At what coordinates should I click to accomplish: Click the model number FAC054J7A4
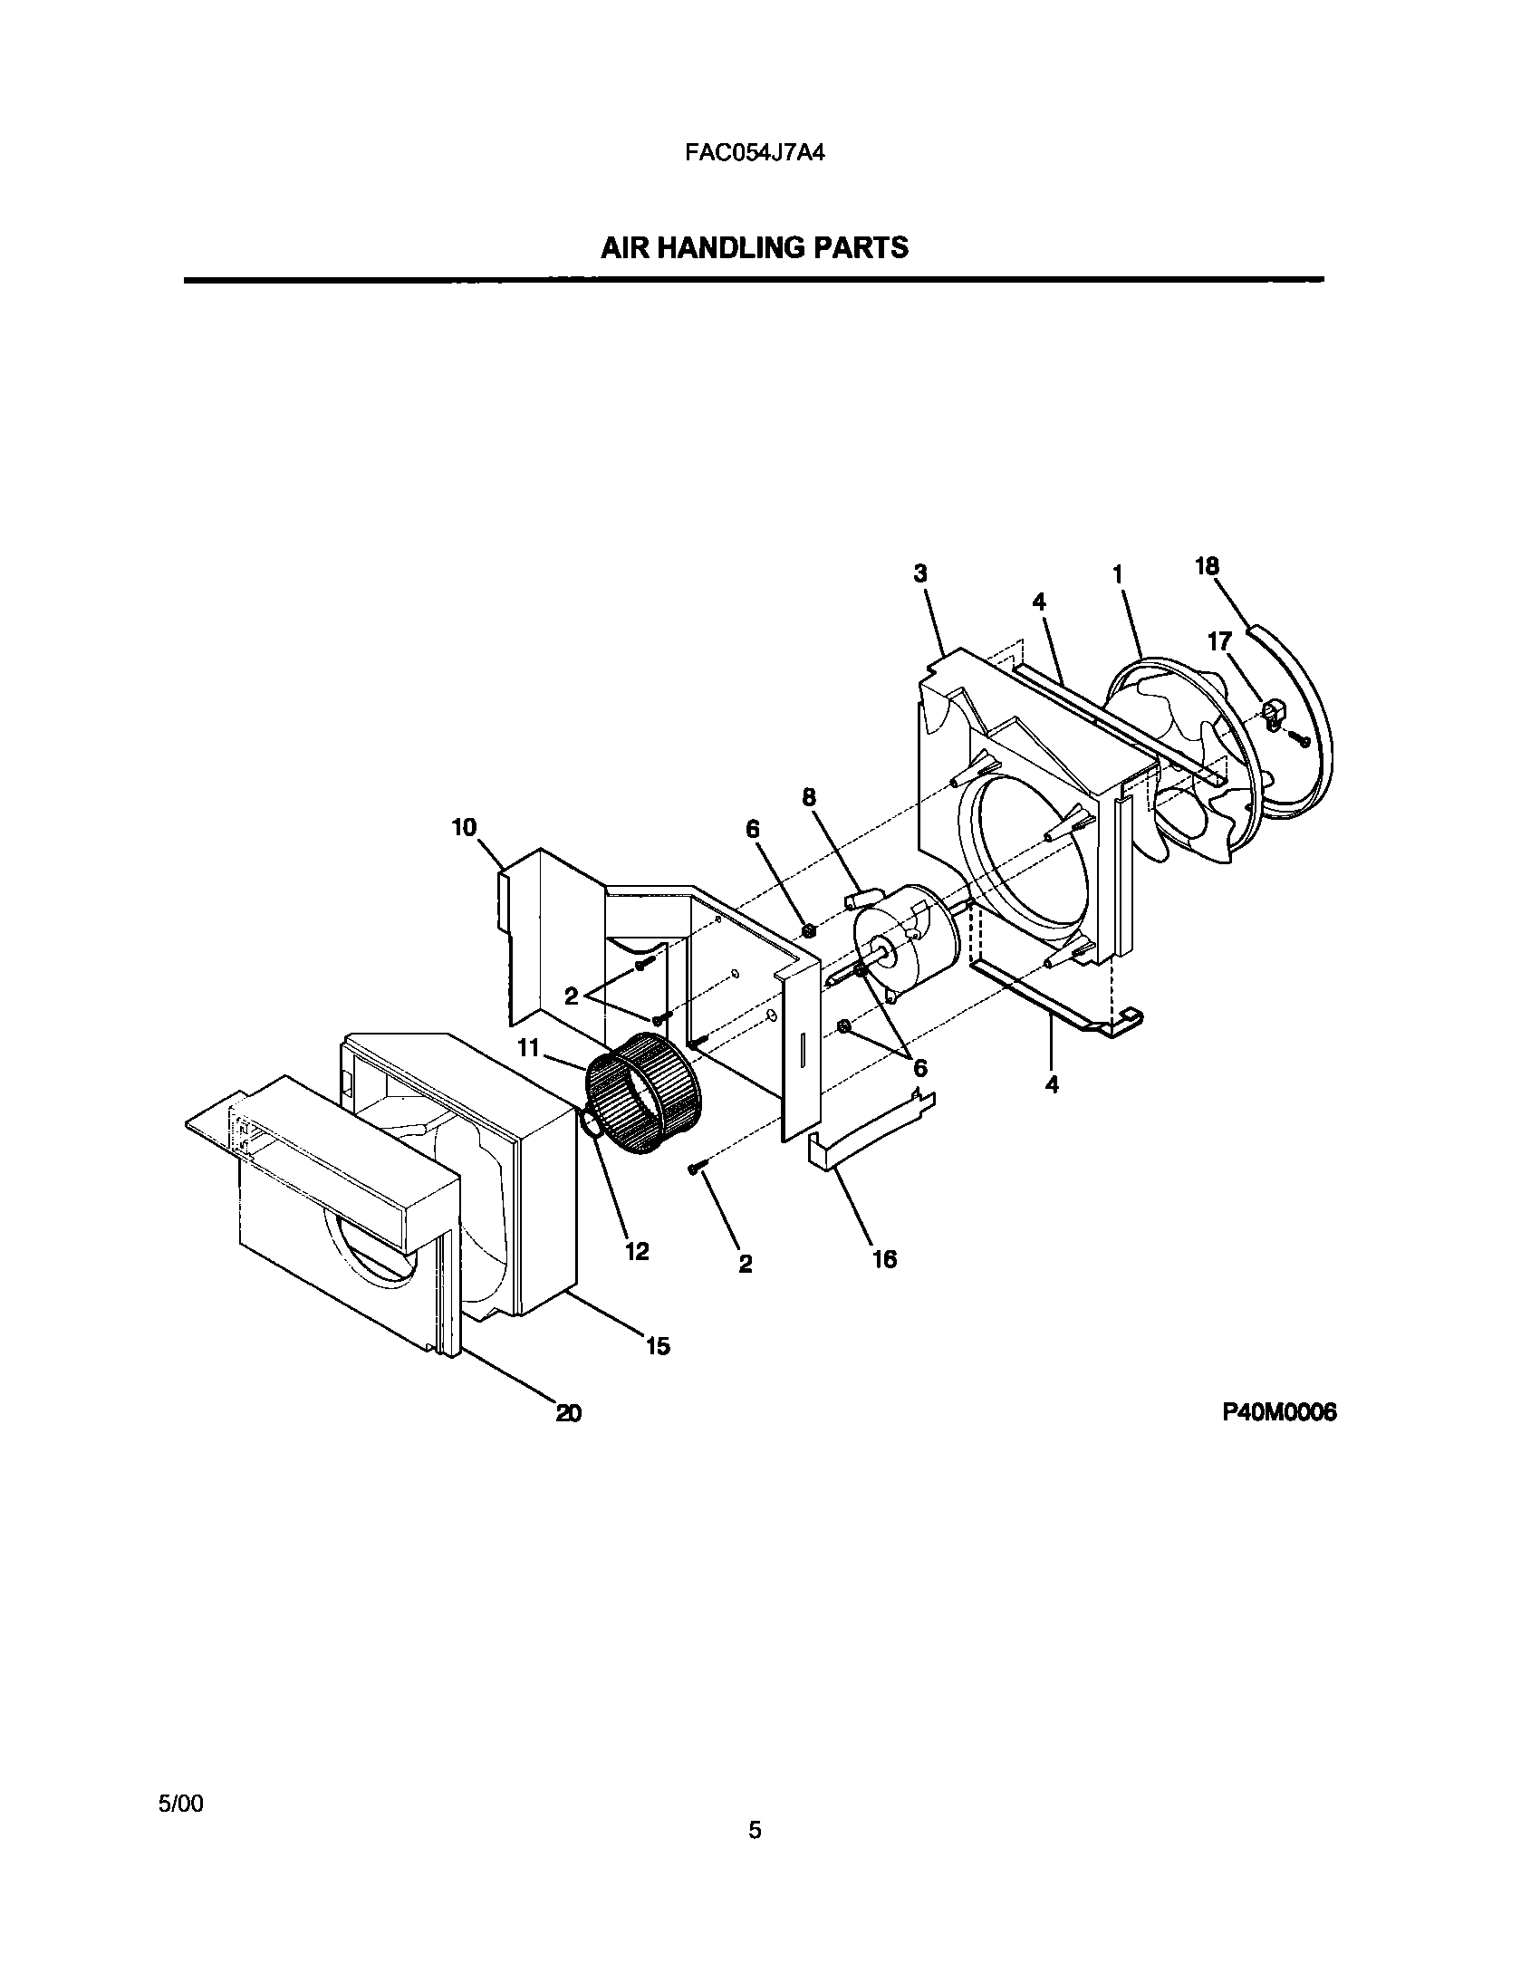pyautogui.click(x=754, y=152)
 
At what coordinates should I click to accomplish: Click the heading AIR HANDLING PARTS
pyautogui.click(x=754, y=247)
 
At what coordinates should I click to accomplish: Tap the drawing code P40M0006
pyautogui.click(x=1279, y=1412)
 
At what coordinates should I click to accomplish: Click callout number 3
pyautogui.click(x=920, y=573)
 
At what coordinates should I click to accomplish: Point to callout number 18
pyautogui.click(x=1207, y=566)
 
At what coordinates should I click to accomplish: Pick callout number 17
pyautogui.click(x=1219, y=642)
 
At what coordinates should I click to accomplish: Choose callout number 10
pyautogui.click(x=464, y=828)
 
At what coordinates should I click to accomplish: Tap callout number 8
pyautogui.click(x=808, y=797)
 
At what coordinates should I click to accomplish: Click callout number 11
pyautogui.click(x=528, y=1048)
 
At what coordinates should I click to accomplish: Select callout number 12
pyautogui.click(x=637, y=1251)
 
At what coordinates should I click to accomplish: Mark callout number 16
pyautogui.click(x=884, y=1258)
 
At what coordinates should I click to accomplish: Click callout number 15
pyautogui.click(x=658, y=1346)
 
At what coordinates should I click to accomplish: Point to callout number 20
pyautogui.click(x=568, y=1413)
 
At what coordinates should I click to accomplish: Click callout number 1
pyautogui.click(x=1118, y=574)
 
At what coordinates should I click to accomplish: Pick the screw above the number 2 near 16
pyautogui.click(x=696, y=1170)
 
